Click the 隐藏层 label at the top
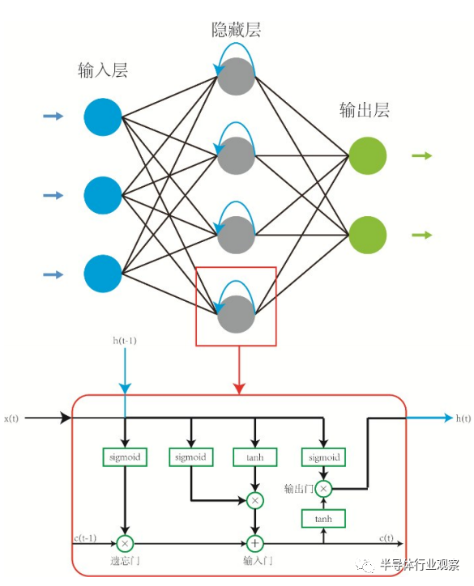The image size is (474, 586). point(236,29)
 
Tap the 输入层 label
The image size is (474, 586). point(103,70)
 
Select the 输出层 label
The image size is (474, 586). point(365,110)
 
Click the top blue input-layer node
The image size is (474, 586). point(103,117)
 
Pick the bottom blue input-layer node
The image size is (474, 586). point(103,274)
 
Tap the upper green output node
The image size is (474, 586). point(367,156)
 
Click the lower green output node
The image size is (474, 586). point(367,235)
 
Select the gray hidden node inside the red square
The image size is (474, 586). point(236,314)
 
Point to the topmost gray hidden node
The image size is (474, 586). point(236,77)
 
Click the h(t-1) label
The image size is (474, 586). point(125,341)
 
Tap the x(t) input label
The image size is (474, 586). point(11,418)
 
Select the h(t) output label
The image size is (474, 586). point(463,418)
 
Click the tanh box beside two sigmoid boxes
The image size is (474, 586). point(255,457)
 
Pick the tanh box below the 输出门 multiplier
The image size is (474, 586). point(323,519)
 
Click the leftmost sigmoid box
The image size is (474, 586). point(125,457)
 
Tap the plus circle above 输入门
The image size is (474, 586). point(255,543)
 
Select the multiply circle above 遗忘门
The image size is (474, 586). point(125,543)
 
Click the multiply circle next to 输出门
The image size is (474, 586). point(323,488)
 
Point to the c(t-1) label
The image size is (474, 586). point(85,537)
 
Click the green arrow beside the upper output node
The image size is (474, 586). point(422,155)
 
